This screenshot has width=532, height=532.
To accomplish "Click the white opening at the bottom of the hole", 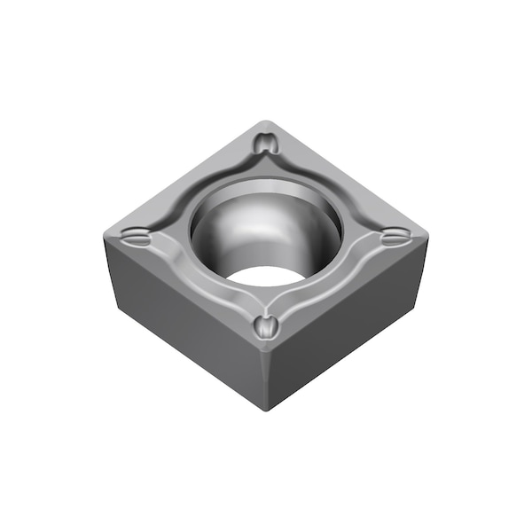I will pos(266,272).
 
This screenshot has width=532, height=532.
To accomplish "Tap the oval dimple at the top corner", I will pos(265,142).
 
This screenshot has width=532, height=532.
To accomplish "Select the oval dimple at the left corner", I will pos(136,236).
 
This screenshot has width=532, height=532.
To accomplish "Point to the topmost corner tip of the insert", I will pos(263,121).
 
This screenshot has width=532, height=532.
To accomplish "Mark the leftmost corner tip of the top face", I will pos(105,234).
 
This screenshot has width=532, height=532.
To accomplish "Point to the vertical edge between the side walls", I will pos(265,381).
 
